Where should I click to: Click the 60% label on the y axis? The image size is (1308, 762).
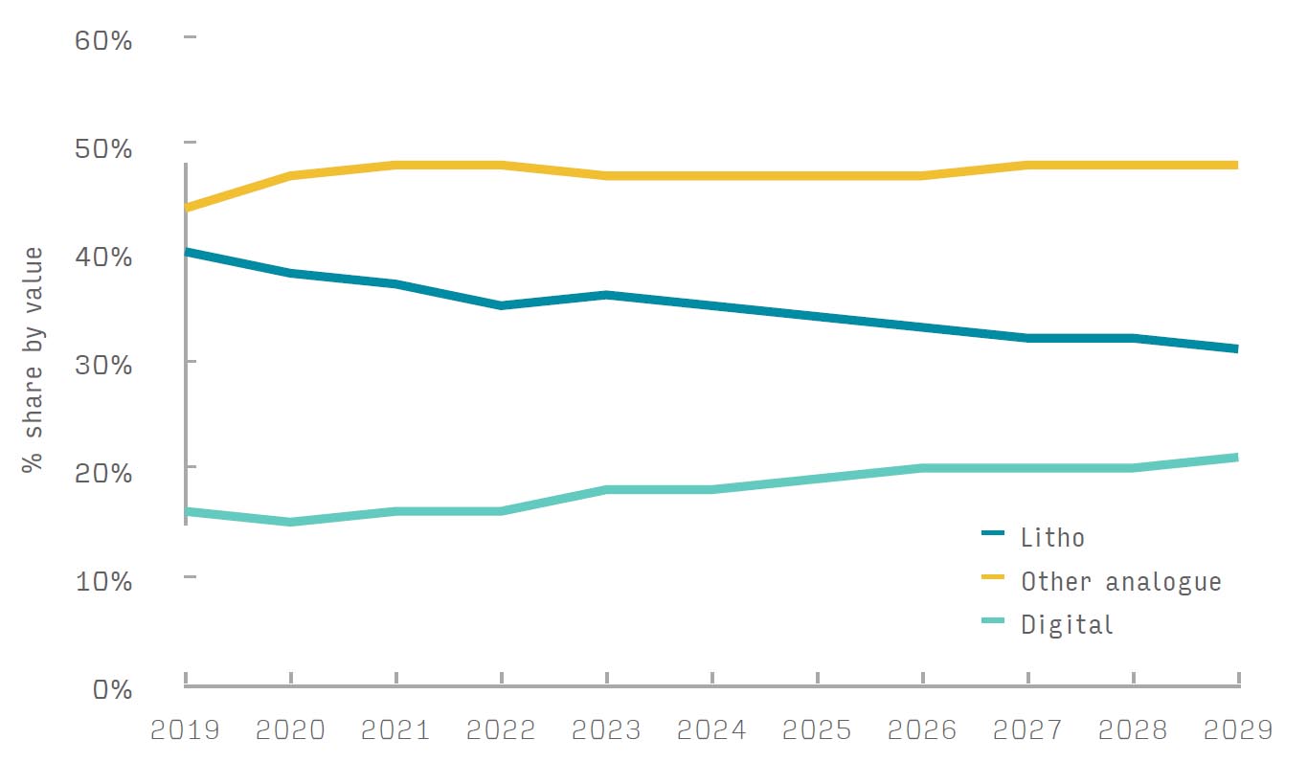click(x=103, y=42)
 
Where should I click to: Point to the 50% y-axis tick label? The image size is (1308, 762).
click(x=103, y=149)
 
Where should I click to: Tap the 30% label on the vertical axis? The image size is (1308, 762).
click(x=103, y=365)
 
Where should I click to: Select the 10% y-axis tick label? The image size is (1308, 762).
click(x=103, y=580)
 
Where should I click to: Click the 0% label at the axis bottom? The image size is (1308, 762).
click(x=112, y=688)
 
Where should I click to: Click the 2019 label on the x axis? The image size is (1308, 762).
click(x=185, y=730)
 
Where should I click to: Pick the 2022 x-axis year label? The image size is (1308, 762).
click(x=501, y=730)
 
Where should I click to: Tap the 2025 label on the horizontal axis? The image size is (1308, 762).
click(x=817, y=730)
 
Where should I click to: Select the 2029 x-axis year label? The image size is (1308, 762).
click(x=1237, y=730)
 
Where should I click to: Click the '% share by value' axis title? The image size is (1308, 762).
click(x=34, y=360)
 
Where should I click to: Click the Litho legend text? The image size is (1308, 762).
click(x=1052, y=538)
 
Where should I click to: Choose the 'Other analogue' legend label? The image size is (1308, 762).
click(x=1120, y=581)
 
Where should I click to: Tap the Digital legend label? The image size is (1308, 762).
click(x=1067, y=625)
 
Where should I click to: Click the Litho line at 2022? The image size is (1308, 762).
click(x=502, y=305)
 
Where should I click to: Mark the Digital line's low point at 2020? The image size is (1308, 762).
click(x=290, y=522)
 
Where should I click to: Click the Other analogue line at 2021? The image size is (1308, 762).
click(x=396, y=165)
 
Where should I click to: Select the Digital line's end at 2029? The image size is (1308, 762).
click(x=1235, y=458)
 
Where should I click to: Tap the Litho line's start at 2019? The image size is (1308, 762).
click(x=188, y=252)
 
